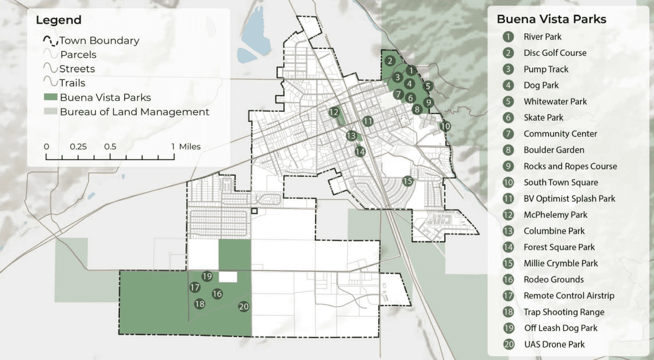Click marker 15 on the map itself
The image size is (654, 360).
[x=407, y=181]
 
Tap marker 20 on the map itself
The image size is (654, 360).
[x=243, y=306]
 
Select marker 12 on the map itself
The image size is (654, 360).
[x=334, y=112]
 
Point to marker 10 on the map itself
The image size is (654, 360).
[x=445, y=126]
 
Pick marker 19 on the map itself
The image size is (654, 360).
[x=207, y=276]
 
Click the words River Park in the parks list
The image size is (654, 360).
[x=542, y=37]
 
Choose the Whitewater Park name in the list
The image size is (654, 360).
[x=555, y=101]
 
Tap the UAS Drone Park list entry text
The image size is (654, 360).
[x=554, y=344]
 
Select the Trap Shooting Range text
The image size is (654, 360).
[x=563, y=312]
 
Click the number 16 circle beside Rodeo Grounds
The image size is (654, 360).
[x=509, y=280]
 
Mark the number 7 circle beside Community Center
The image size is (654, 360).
[x=509, y=134]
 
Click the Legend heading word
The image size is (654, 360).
[x=58, y=20]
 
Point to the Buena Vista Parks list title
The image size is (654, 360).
[x=551, y=19]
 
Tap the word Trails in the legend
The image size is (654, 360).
[x=73, y=83]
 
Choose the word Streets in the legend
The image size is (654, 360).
[x=77, y=68]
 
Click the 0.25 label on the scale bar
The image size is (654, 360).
[x=78, y=147]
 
